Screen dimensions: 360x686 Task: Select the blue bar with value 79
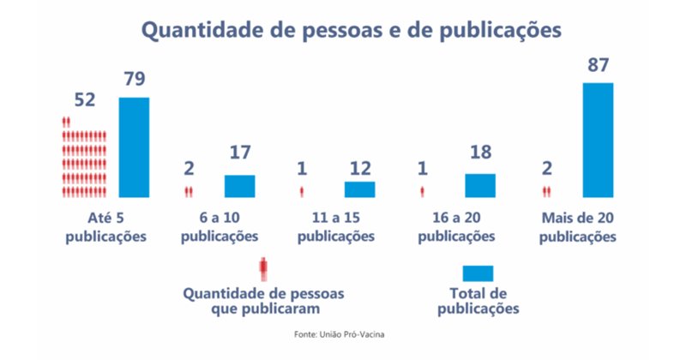134,147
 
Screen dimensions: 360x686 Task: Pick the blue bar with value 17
239,186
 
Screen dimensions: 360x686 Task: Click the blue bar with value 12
359,189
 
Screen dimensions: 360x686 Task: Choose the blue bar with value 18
480,186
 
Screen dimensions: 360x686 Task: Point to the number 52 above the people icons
85,99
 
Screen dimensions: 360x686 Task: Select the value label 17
239,154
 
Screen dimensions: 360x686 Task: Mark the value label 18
480,154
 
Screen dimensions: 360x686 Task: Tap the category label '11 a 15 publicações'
337,226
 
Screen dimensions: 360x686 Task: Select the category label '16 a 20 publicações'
457,226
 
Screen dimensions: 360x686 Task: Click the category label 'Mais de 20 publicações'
578,226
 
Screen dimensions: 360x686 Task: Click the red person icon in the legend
264,269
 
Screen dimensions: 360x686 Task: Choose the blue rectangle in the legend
478,273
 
